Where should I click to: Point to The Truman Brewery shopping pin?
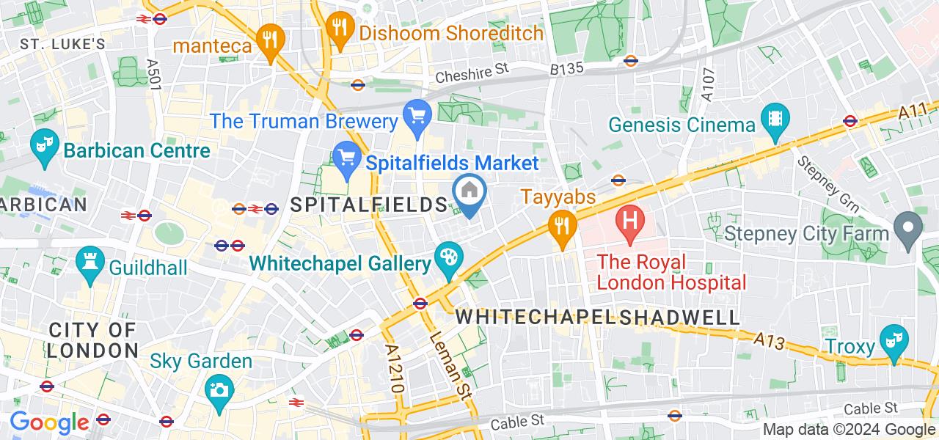pyautogui.click(x=417, y=116)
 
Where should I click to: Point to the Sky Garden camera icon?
pyautogui.click(x=219, y=389)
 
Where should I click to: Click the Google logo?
pyautogui.click(x=48, y=422)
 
